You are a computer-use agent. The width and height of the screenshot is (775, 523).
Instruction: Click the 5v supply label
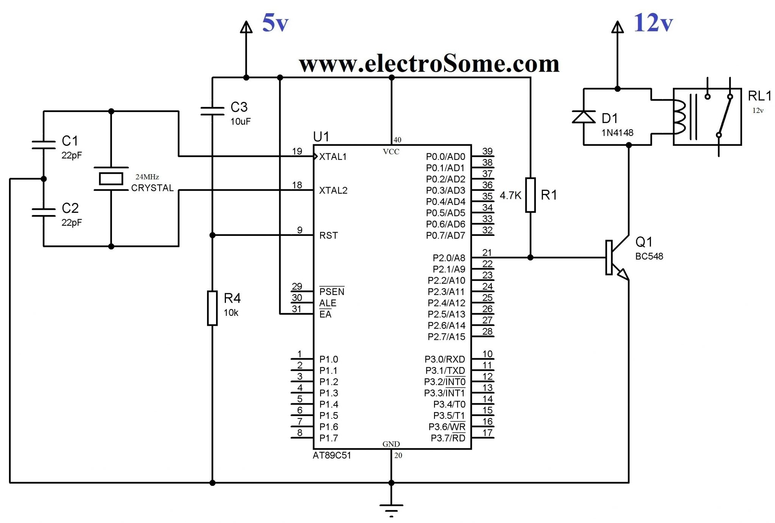pos(275,23)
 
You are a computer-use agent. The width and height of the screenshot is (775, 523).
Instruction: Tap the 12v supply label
pos(653,23)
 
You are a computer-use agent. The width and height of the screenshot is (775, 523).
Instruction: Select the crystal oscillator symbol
pos(111,179)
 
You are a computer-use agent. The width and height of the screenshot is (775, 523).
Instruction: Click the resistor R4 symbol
pos(212,308)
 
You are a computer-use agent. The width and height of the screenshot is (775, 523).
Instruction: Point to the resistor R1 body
pos(531,195)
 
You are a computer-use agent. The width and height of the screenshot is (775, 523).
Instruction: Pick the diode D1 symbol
pos(584,117)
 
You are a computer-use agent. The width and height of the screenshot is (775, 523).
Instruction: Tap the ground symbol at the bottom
pos(391,507)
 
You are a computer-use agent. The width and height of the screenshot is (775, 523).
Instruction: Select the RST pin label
pos(328,236)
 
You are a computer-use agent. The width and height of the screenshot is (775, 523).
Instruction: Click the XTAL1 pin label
pos(333,157)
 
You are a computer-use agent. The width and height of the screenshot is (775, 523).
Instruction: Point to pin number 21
pos(487,252)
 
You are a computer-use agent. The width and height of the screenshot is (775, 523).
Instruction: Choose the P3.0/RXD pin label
pos(445,359)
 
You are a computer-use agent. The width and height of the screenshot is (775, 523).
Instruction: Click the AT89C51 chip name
pos(332,456)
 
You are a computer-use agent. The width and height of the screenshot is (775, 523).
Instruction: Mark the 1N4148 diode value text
pos(617,133)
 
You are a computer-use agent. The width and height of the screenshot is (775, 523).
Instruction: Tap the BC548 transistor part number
pos(649,256)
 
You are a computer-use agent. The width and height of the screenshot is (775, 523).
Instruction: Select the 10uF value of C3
pos(241,122)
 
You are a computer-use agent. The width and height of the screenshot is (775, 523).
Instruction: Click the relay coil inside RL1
pos(680,117)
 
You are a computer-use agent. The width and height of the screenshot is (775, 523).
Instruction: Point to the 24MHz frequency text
pos(147,177)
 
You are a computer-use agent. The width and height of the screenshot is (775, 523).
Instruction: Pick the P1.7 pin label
pos(328,438)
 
